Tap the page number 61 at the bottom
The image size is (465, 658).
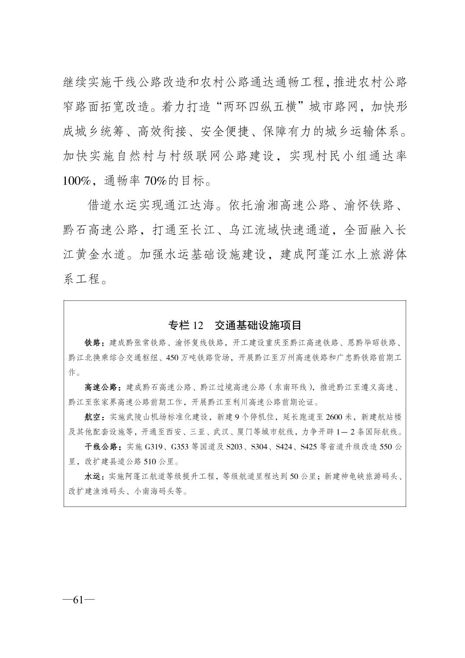78,600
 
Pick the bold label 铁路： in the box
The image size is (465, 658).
94,343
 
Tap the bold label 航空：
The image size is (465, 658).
94,417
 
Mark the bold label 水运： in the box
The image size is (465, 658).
94,477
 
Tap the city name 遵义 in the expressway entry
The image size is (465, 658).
363,387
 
